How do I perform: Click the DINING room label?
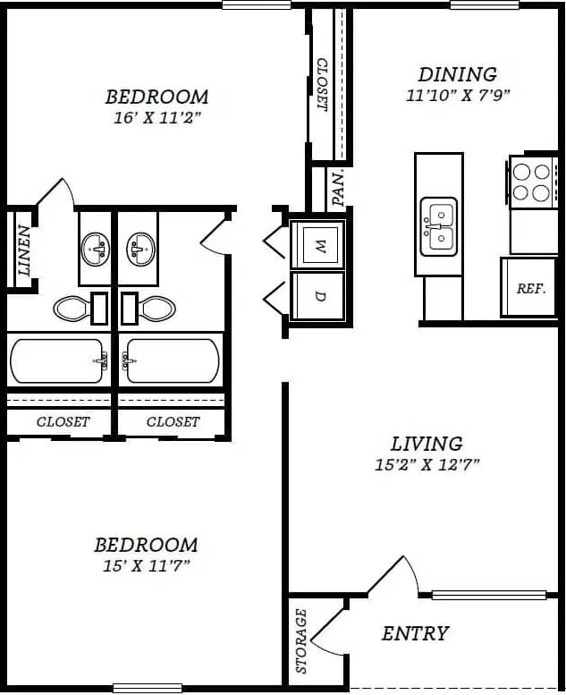[x=458, y=74]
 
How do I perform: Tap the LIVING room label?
[x=427, y=443]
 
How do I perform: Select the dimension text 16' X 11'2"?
[x=156, y=117]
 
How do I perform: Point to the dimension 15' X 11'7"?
[x=147, y=565]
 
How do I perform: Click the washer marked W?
[x=319, y=245]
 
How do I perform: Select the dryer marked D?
[x=319, y=296]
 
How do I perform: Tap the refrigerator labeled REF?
[x=530, y=288]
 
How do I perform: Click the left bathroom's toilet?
[x=72, y=309]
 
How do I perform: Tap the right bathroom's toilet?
[x=156, y=309]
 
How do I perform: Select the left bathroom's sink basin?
[x=95, y=249]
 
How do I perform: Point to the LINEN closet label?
[x=24, y=250]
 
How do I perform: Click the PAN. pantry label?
[x=338, y=188]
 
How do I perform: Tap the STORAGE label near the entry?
[x=301, y=640]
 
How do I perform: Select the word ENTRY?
[x=415, y=633]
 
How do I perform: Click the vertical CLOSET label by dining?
[x=322, y=85]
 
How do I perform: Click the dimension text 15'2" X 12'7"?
[x=427, y=464]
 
